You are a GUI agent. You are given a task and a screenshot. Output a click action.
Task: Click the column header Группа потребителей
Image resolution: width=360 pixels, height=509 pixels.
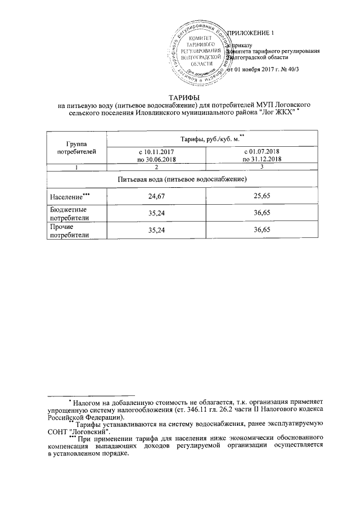pyautogui.click(x=74, y=147)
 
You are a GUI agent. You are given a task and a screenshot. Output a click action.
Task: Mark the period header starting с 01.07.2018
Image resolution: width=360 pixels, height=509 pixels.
pyautogui.click(x=262, y=156)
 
